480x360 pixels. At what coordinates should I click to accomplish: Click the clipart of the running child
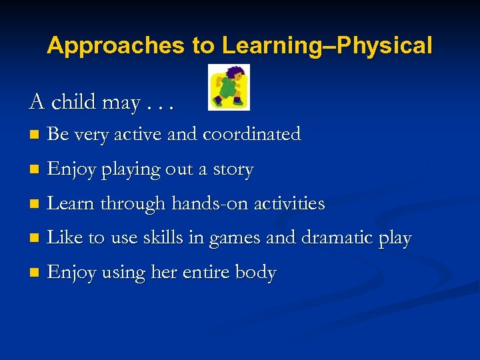pyautogui.click(x=229, y=87)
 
